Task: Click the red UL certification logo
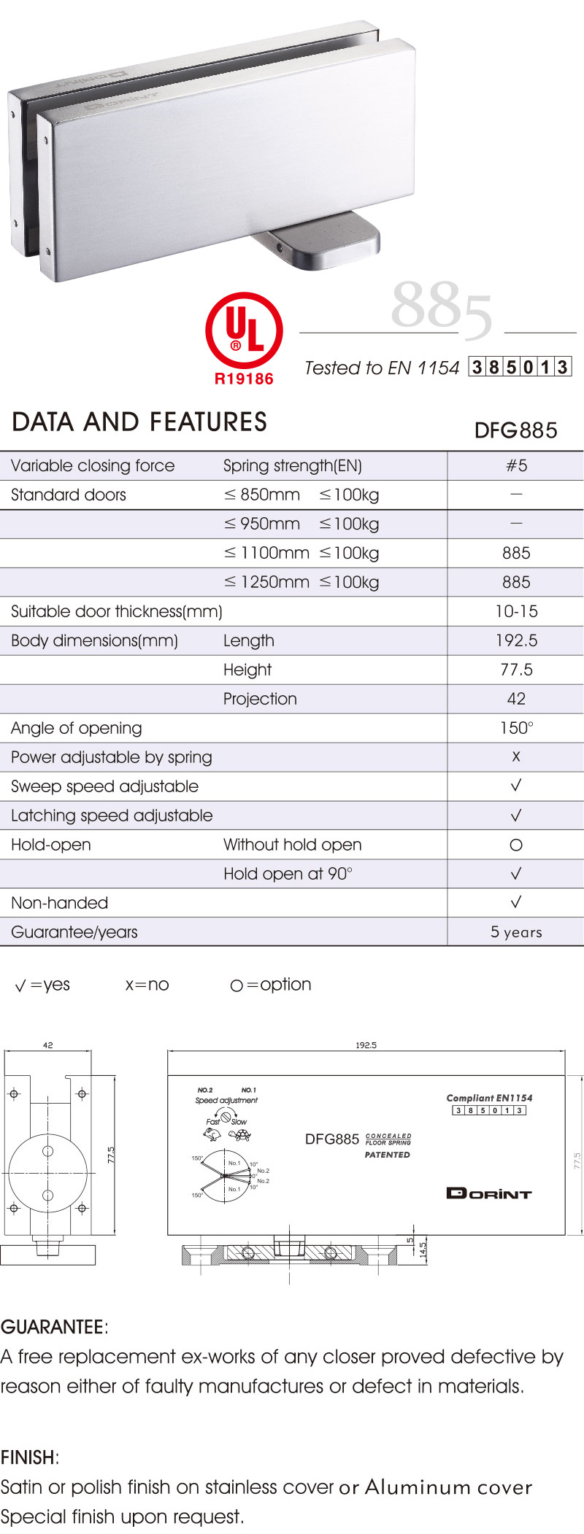point(244,330)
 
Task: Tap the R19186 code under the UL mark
point(244,379)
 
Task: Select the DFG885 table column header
point(515,430)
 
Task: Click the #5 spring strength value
point(515,465)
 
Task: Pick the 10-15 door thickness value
point(515,611)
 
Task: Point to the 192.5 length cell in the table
point(515,640)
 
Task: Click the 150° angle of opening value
point(515,728)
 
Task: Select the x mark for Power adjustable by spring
point(515,757)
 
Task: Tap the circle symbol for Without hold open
point(515,845)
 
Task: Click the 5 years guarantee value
point(515,932)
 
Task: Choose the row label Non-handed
point(59,903)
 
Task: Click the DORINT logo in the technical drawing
point(488,1193)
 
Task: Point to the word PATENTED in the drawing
point(387,1155)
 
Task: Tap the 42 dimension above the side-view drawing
point(48,1045)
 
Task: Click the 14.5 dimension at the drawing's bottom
point(423,1251)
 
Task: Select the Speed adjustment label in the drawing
point(226,1100)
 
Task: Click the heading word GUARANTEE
point(53,1327)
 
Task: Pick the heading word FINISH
point(28,1457)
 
